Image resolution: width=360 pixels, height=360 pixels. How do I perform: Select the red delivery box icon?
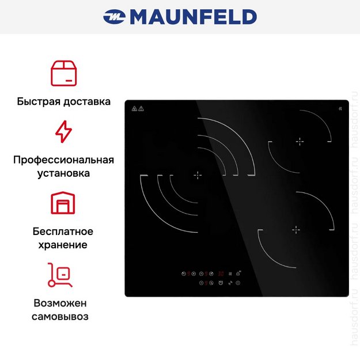click(63, 73)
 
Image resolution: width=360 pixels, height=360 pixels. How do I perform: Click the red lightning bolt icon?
click(63, 132)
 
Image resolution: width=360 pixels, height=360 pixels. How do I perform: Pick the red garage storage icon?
click(63, 203)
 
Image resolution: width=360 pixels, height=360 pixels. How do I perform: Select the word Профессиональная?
click(63, 160)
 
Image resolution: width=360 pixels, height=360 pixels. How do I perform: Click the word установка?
click(63, 173)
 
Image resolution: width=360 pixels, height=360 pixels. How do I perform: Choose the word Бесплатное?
click(63, 232)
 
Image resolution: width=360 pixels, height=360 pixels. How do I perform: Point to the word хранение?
click(63, 245)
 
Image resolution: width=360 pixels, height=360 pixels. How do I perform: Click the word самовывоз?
click(63, 316)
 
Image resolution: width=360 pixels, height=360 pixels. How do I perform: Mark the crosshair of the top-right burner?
click(299, 141)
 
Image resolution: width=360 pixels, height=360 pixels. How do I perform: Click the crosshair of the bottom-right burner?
click(296, 230)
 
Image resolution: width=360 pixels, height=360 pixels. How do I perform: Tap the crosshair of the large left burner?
click(198, 175)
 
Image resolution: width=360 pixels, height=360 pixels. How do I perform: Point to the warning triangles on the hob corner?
click(138, 108)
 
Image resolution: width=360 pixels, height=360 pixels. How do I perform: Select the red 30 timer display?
click(221, 273)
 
